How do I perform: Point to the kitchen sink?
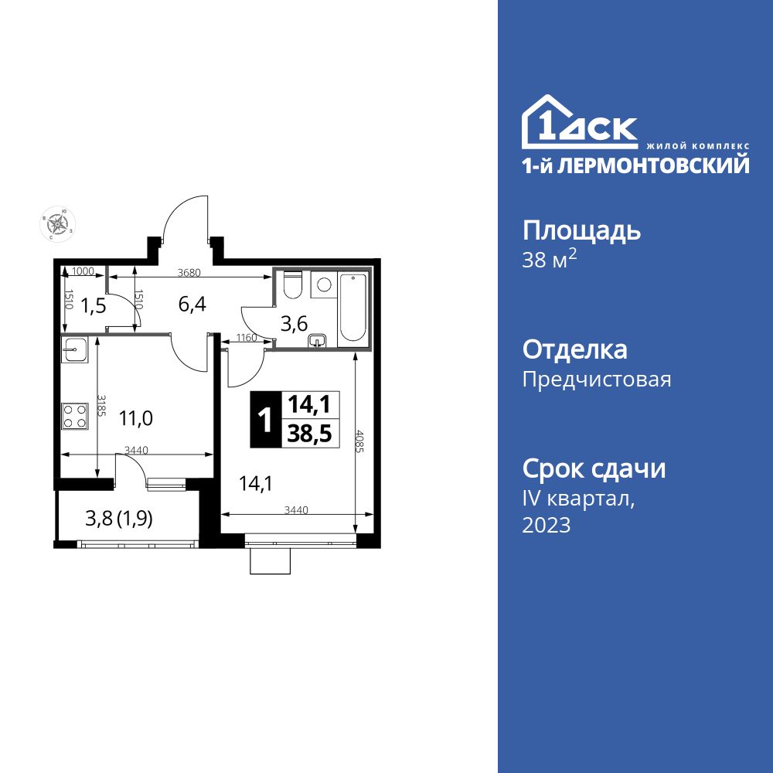click(75, 350)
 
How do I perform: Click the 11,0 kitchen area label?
click(136, 419)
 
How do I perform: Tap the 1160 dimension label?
click(247, 337)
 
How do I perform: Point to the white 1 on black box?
click(264, 420)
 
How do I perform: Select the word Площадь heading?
click(582, 230)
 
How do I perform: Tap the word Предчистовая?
click(597, 380)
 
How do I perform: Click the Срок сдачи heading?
click(594, 468)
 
